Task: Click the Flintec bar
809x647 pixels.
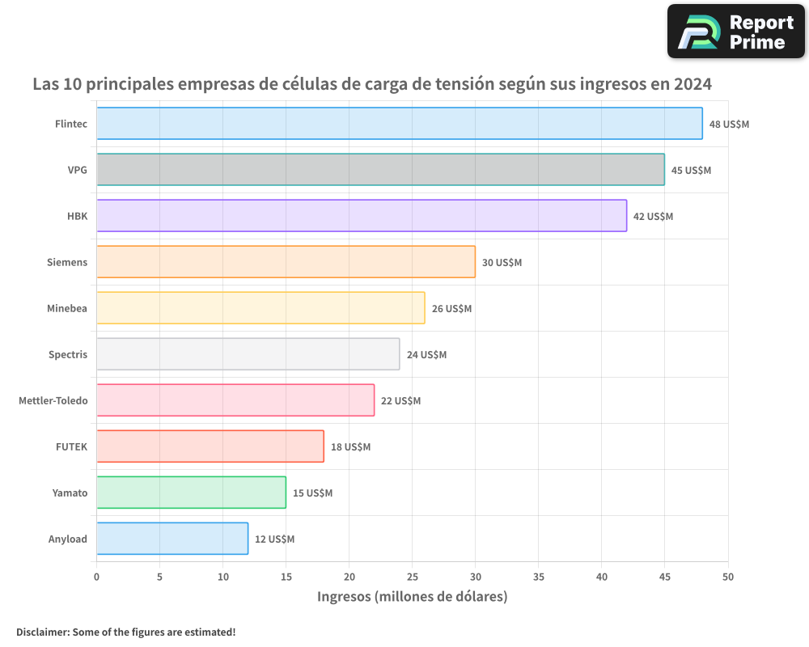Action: click(400, 124)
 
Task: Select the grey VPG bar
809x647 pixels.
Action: click(380, 170)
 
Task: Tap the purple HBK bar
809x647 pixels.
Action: click(362, 216)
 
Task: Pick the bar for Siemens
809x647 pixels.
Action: click(286, 262)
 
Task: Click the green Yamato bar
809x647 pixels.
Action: click(191, 493)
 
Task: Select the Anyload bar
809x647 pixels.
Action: click(172, 539)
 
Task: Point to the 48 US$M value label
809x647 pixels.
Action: click(729, 125)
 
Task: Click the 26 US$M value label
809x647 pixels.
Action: click(451, 309)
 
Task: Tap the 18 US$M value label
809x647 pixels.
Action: click(350, 447)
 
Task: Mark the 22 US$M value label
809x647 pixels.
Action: click(400, 401)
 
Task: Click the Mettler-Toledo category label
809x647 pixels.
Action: click(53, 400)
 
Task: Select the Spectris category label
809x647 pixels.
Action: click(68, 354)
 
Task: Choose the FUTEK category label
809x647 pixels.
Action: click(71, 446)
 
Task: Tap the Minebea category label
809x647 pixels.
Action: click(67, 308)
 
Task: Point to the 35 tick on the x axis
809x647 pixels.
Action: click(539, 577)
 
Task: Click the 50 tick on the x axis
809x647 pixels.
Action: click(728, 577)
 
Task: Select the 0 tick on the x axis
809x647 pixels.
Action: click(96, 577)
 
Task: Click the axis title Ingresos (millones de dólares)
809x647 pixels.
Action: click(412, 597)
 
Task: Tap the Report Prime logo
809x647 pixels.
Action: click(735, 32)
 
